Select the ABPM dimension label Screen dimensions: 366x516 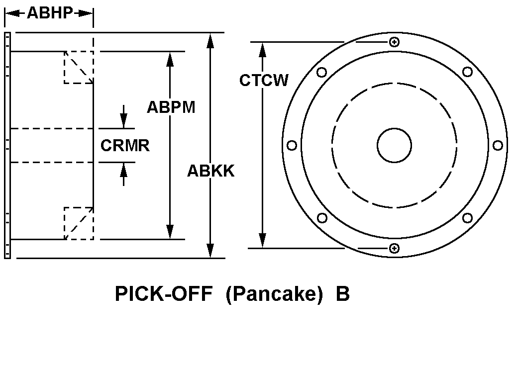(x=171, y=107)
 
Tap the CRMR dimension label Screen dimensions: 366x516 (x=125, y=146)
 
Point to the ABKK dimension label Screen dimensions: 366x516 (x=210, y=171)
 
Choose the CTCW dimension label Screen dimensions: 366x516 (x=264, y=81)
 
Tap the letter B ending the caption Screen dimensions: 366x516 (x=342, y=294)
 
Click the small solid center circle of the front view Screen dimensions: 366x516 (x=394, y=145)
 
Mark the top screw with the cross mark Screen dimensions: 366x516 (x=394, y=42)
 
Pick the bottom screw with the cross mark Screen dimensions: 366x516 (x=394, y=248)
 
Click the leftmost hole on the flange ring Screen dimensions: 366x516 (x=292, y=145)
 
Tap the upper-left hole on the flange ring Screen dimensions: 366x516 (x=321, y=73)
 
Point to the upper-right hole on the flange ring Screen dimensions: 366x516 (x=467, y=72)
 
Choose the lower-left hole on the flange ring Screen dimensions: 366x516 (x=322, y=218)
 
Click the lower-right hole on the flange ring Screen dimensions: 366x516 (x=467, y=218)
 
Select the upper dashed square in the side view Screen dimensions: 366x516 (x=79, y=67)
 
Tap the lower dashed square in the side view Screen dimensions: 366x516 (x=79, y=223)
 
